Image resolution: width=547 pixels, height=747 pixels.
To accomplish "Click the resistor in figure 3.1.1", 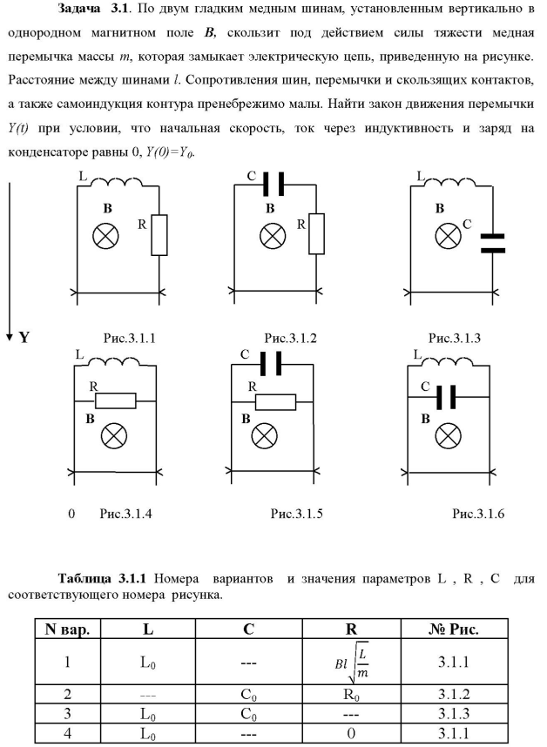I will tap(159, 236).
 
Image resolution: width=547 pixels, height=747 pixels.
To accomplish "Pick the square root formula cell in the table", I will tap(344, 660).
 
